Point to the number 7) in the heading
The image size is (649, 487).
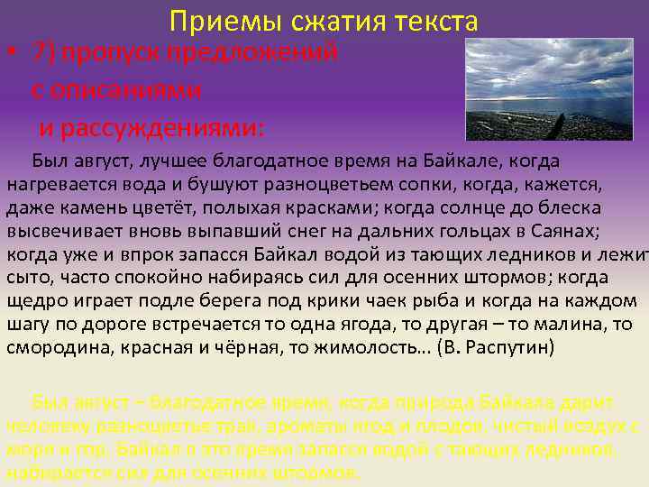(43, 51)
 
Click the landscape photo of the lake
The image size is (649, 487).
(548, 89)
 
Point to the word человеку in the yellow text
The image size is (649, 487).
(43, 426)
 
